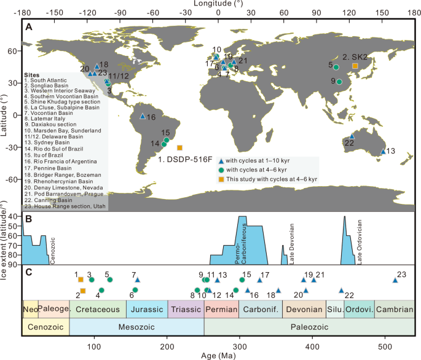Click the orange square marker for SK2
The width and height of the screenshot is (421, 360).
(x=355, y=66)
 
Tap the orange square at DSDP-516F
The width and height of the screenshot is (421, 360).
(x=179, y=147)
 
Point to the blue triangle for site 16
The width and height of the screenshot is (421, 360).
(x=143, y=115)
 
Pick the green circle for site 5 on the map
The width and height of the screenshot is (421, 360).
(x=336, y=66)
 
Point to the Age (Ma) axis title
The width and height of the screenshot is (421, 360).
(x=219, y=354)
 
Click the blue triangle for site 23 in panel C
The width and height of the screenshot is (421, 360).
(x=395, y=280)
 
